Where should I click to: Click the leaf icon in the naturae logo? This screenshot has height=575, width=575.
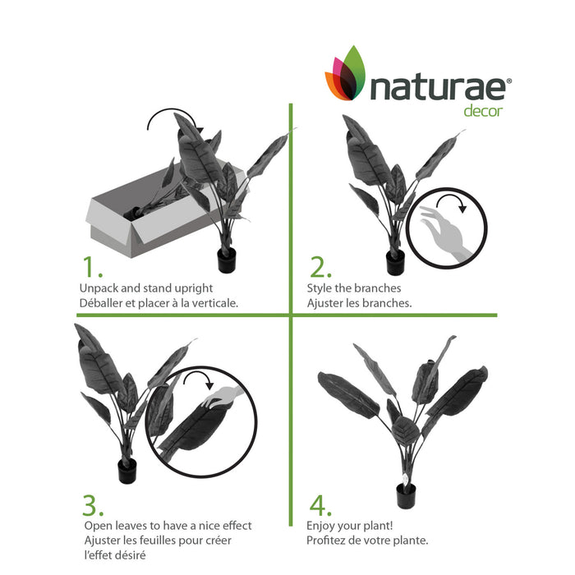coord(347,74)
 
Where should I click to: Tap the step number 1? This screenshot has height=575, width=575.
coord(91,268)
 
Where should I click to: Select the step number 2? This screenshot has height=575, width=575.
coord(319,268)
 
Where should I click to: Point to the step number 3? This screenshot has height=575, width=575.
coord(93,504)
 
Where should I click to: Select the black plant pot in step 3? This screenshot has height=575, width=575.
coord(127,470)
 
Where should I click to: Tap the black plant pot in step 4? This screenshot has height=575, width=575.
coord(406,494)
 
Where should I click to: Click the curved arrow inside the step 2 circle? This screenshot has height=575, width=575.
coord(452,201)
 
